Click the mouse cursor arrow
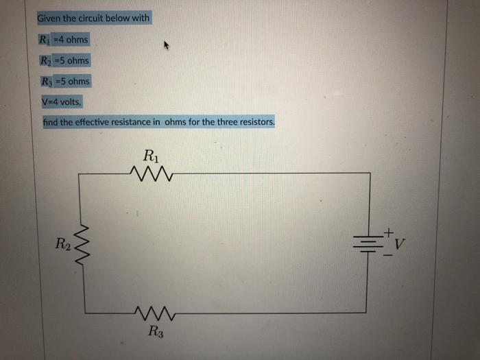[x=165, y=47]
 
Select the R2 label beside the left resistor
[x=62, y=242]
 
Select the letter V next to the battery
[x=400, y=243]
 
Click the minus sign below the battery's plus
[x=388, y=255]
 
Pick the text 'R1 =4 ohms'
[x=64, y=39]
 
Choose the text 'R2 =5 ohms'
[x=64, y=60]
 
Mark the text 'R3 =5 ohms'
[x=64, y=81]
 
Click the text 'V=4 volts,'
[x=61, y=101]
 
